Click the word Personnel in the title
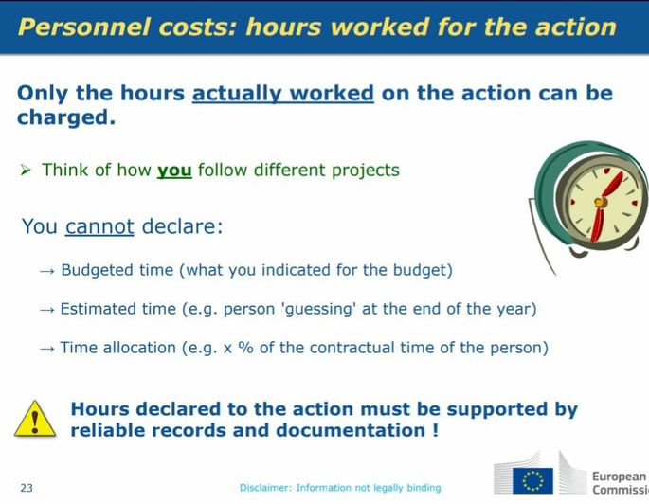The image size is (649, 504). (x=83, y=27)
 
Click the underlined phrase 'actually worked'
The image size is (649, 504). (x=283, y=93)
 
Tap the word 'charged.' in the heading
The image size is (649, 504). (x=66, y=117)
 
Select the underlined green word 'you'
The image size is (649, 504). (x=174, y=171)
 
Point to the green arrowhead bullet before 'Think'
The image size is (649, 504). (x=26, y=170)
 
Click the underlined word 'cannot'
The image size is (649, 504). (x=99, y=226)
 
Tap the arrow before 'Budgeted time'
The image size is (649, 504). (x=46, y=272)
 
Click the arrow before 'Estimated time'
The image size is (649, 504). (x=46, y=310)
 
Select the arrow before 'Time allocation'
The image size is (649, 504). (x=46, y=349)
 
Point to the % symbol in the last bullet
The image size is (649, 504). (x=245, y=347)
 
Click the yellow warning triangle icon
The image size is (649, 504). (x=35, y=419)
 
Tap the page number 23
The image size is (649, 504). (x=27, y=488)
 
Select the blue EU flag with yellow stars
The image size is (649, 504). (x=532, y=481)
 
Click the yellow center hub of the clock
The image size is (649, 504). (x=600, y=203)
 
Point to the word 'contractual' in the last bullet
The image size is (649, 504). (x=352, y=347)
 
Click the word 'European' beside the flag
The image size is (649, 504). (x=620, y=477)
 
